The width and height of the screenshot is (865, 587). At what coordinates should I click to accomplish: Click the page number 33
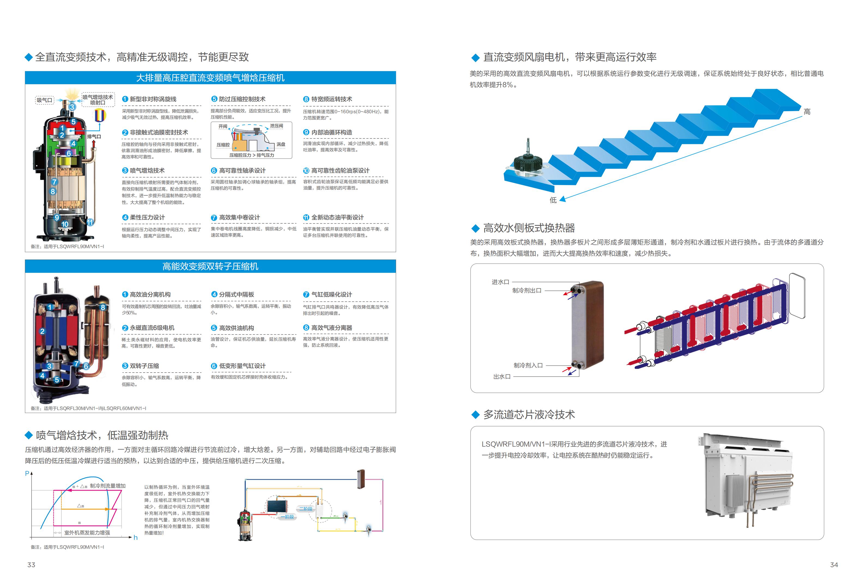coord(31,565)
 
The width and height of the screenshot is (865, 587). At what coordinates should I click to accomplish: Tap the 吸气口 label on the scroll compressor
coord(44,100)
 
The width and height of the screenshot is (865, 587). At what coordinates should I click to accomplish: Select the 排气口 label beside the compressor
coord(94,137)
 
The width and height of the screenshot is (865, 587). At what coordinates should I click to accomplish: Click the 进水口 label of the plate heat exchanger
coord(500,282)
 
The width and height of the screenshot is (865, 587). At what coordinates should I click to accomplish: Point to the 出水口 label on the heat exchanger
coord(502,376)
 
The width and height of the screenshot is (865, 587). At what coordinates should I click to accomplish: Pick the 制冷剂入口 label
coord(528,365)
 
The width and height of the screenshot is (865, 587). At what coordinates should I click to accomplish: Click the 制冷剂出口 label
coord(527,290)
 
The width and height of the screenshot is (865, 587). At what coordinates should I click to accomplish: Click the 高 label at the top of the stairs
coord(807,112)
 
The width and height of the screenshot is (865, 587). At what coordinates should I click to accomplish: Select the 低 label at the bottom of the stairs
coord(553,200)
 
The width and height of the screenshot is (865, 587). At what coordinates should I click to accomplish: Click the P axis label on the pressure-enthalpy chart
coord(27,473)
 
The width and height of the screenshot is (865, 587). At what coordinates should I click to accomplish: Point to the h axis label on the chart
coord(135,537)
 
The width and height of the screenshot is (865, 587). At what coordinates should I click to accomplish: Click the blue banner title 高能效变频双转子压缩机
coord(210,267)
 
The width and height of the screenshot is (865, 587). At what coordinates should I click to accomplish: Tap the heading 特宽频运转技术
coord(331,99)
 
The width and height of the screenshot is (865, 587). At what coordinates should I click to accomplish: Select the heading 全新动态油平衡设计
coord(337,217)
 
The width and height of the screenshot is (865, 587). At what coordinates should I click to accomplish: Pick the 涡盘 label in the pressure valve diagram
coord(281,144)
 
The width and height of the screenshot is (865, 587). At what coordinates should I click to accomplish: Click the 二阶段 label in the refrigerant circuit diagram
coord(305,509)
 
